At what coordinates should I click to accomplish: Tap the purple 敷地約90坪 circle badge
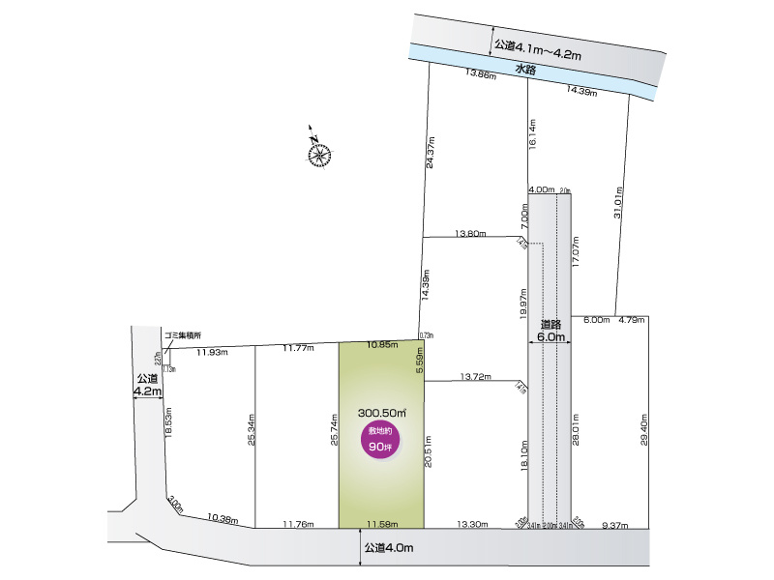click(x=380, y=439)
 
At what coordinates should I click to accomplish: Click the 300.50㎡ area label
click(x=380, y=411)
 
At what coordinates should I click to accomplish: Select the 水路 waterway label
click(x=525, y=70)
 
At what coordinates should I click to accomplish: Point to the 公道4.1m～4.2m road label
click(x=537, y=45)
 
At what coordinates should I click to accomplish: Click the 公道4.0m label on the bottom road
click(x=389, y=548)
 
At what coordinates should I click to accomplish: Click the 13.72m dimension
click(x=477, y=376)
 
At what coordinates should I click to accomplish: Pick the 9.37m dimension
click(x=615, y=525)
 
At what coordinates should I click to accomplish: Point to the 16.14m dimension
click(x=532, y=133)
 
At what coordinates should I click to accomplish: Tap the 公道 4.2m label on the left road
click(x=147, y=384)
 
